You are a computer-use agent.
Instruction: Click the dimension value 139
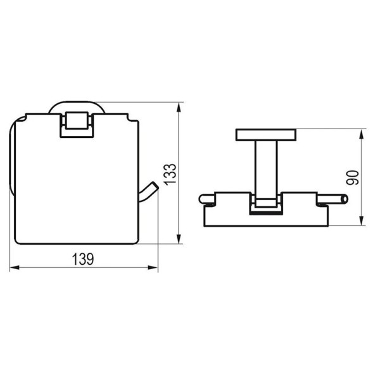[83, 259]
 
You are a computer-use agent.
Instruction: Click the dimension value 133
[170, 174]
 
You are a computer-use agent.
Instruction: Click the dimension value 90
[353, 178]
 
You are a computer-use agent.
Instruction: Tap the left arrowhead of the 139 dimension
[15, 268]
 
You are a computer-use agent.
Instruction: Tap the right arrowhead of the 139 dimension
[153, 268]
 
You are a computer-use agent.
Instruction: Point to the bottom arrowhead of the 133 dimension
[179, 239]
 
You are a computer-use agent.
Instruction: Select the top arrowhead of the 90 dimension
[362, 134]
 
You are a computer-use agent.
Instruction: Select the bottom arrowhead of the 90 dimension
[362, 220]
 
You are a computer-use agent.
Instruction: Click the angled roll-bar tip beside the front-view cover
[148, 192]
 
